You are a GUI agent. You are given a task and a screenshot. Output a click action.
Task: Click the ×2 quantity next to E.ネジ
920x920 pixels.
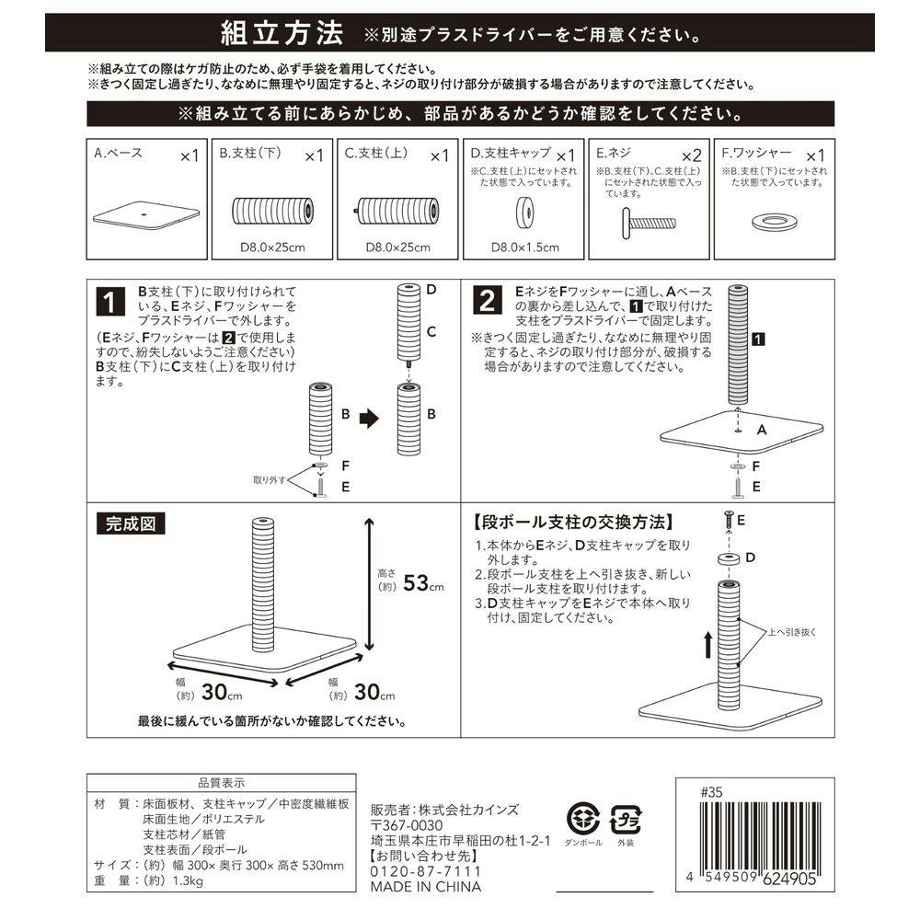click(691, 155)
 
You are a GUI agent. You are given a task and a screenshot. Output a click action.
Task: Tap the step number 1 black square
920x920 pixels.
click(109, 303)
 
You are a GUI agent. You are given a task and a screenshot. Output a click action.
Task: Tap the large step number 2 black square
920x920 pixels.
click(488, 301)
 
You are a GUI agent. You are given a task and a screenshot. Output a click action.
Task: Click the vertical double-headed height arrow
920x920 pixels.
click(369, 583)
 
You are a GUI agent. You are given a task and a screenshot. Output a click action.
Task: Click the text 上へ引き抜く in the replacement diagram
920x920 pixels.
click(792, 631)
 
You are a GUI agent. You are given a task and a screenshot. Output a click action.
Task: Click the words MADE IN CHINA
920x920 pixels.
click(425, 888)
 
